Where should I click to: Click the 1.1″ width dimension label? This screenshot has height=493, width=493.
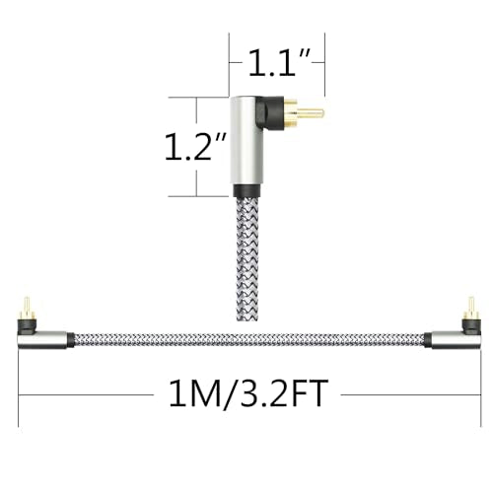coord(279,62)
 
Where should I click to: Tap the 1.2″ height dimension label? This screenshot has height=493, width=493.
coord(195,147)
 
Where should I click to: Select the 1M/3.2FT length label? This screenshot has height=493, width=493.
coord(248,393)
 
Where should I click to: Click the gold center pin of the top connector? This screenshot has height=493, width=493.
coord(311,113)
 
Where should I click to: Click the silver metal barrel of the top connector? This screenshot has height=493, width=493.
coord(246,141)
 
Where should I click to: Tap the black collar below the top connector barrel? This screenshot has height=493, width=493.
coord(247,190)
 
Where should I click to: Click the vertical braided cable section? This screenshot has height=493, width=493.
coord(247,259)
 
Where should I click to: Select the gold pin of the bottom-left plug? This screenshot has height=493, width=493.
coord(27,305)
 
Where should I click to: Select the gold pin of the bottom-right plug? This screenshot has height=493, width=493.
coord(471,305)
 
